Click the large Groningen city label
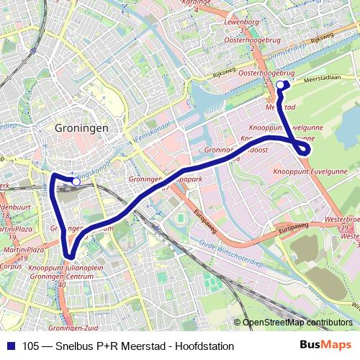(81, 127)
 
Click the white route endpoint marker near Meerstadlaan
(280, 85)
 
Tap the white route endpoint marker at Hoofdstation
(76, 182)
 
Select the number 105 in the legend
(32, 346)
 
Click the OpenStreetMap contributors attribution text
(297, 323)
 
